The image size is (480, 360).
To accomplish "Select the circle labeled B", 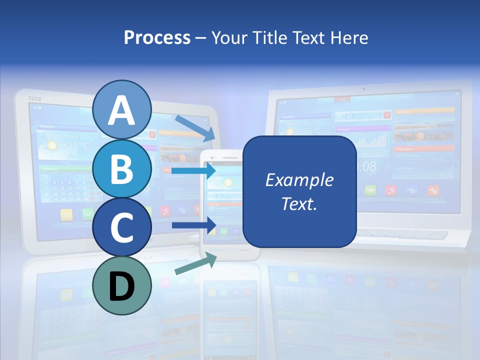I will (x=122, y=169).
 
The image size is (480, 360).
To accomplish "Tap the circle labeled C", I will (x=122, y=227).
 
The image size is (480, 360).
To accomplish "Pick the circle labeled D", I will (x=122, y=286).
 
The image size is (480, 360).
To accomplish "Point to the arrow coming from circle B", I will (x=194, y=170).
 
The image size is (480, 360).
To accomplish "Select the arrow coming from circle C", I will (x=194, y=225).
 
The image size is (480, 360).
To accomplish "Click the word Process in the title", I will (x=157, y=37).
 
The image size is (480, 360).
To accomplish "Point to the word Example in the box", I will (x=299, y=180).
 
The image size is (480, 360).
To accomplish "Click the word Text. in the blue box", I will (x=299, y=203).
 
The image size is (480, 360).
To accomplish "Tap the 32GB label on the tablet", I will (x=34, y=98).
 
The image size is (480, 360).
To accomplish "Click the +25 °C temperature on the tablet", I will (x=76, y=146).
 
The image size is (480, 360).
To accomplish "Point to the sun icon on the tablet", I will (x=52, y=146).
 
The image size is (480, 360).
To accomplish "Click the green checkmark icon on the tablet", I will (x=88, y=214).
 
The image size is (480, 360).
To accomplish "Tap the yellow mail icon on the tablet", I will (x=66, y=214).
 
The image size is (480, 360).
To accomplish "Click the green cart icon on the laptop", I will (x=370, y=190).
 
